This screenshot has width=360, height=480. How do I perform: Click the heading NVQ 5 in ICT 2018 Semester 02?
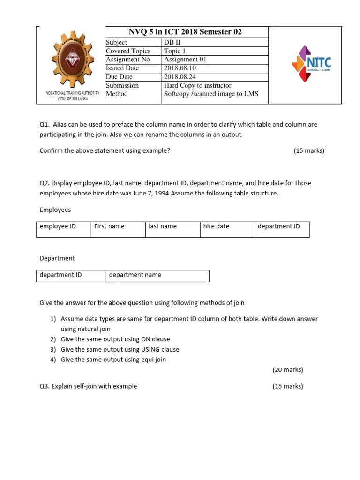[185, 32]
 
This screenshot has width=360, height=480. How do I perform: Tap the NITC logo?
[311, 64]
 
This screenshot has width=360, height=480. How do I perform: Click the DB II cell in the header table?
[172, 42]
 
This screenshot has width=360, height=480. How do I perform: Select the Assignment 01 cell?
[185, 60]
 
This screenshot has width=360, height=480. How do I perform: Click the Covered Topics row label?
[128, 51]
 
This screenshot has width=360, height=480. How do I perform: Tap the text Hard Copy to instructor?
[197, 85]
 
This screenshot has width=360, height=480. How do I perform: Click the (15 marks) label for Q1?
[309, 150]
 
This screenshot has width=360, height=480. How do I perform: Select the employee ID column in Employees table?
[58, 226]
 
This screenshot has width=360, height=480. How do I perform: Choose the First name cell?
[109, 226]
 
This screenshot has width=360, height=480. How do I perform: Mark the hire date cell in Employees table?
[216, 226]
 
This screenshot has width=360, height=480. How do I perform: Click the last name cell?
[163, 226]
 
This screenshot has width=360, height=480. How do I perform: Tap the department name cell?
[135, 275]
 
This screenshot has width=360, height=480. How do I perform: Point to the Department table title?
[57, 258]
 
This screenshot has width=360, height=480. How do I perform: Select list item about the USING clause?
[120, 349]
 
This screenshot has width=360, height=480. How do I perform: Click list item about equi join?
[113, 360]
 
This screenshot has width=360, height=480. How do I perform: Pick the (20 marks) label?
[288, 370]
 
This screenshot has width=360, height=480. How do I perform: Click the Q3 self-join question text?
[88, 386]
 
